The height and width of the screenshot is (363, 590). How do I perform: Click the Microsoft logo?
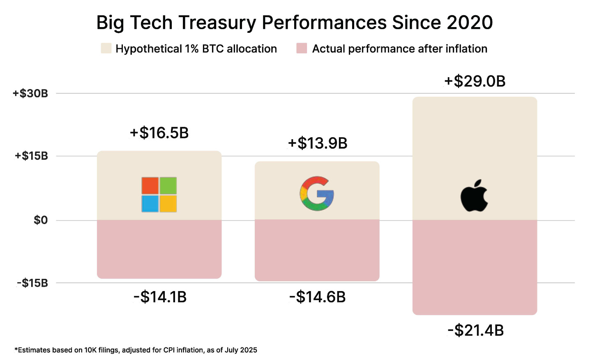[159, 195]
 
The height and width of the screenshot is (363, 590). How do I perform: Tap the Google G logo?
[317, 193]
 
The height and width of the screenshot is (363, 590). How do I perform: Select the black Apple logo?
[474, 196]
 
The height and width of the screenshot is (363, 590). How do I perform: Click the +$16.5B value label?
[159, 133]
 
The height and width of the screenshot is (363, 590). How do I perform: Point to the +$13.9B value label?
[317, 143]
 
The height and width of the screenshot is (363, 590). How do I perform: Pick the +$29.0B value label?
[475, 81]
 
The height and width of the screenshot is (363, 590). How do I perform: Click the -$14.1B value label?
[160, 297]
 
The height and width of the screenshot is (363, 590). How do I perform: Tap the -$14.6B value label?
[317, 297]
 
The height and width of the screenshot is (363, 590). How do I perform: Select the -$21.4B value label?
[475, 330]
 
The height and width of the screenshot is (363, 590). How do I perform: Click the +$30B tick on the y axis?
[30, 94]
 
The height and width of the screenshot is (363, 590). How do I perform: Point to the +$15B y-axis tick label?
[31, 156]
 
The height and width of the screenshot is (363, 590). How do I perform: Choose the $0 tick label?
[41, 221]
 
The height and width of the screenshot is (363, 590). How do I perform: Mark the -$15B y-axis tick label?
[32, 283]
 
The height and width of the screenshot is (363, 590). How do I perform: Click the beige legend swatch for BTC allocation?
[106, 48]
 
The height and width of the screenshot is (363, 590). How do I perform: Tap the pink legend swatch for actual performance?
[302, 48]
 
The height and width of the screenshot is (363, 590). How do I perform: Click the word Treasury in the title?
[217, 23]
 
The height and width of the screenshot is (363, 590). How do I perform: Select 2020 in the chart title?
[470, 23]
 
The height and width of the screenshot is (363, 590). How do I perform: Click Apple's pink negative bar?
[475, 267]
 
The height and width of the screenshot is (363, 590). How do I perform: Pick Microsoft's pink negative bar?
[159, 249]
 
